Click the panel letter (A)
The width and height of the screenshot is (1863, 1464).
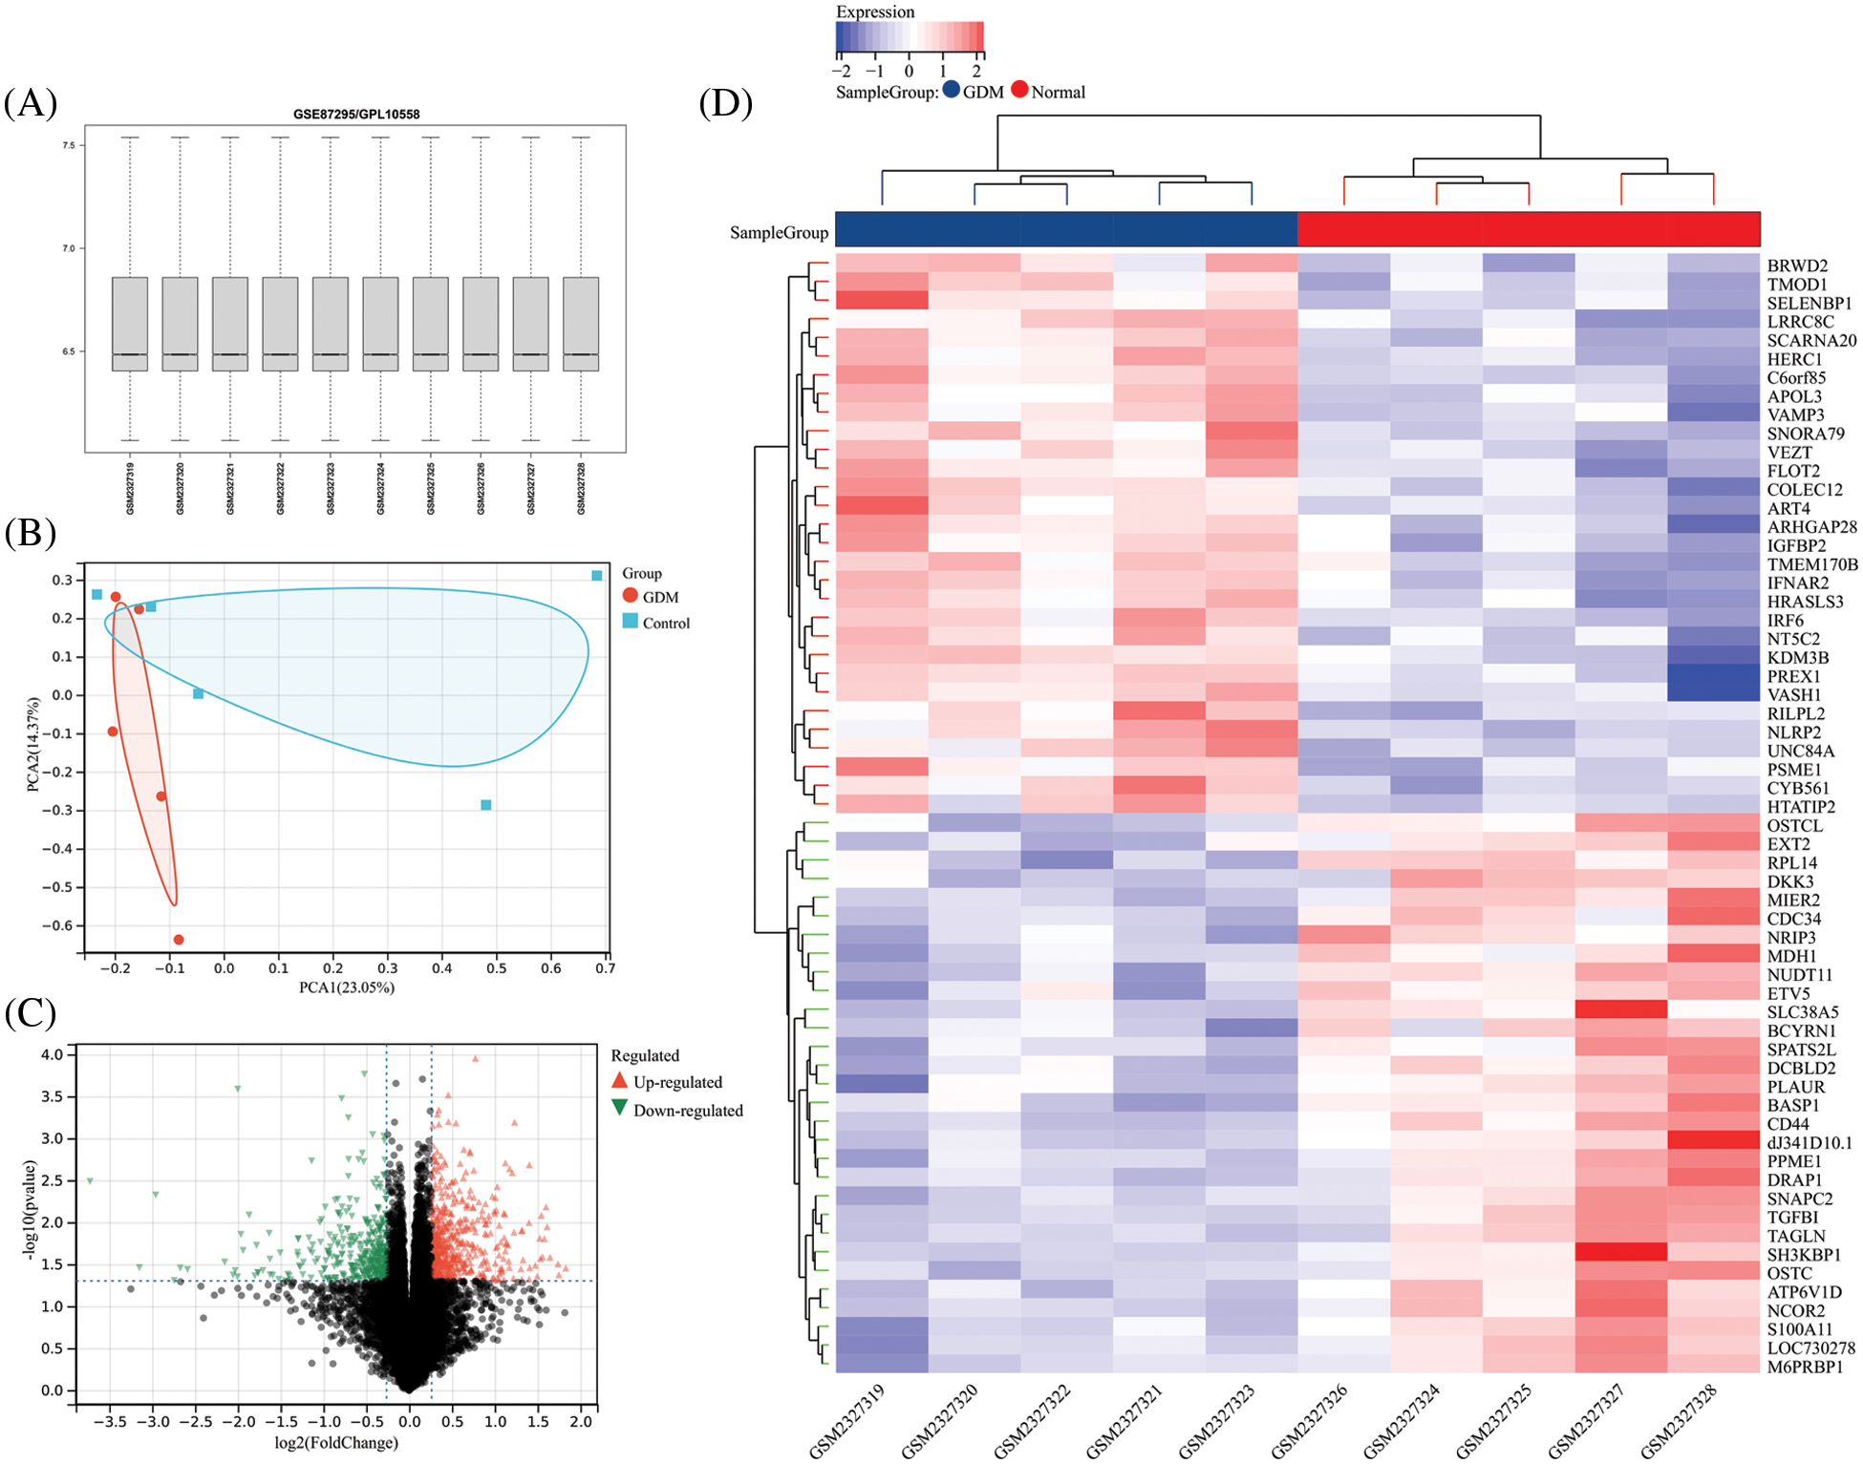click(31, 102)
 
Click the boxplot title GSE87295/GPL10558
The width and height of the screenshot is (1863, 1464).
click(355, 115)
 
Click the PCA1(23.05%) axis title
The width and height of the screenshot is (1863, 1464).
click(346, 987)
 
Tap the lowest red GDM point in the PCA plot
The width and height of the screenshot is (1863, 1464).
click(179, 940)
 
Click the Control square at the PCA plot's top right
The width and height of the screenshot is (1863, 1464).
click(597, 576)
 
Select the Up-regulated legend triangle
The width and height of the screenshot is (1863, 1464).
click(620, 1081)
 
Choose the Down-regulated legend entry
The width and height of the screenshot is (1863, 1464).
click(677, 1110)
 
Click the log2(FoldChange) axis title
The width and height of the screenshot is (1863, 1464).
click(336, 1442)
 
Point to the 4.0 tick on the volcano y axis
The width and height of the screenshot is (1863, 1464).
click(53, 1054)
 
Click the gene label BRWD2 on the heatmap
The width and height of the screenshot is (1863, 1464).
click(1797, 265)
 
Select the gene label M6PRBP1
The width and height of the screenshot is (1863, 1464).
click(1805, 1367)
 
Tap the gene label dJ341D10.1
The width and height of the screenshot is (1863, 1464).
click(1809, 1142)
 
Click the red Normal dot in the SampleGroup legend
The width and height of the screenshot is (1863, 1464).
click(1019, 90)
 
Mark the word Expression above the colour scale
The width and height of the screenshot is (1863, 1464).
click(875, 11)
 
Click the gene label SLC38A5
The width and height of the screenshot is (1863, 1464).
click(1802, 1011)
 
